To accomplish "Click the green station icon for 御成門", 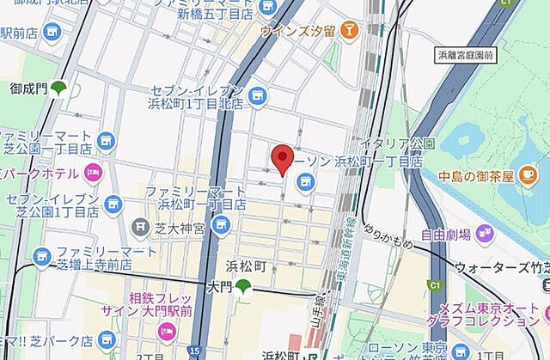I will tap(59, 87).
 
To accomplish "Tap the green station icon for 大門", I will tap(245, 286).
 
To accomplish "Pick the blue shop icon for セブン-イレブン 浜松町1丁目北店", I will tap(256, 95).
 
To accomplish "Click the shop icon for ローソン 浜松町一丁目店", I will tap(305, 180).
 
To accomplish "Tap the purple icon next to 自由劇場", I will tap(485, 232).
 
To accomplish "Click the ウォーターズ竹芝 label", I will tap(502, 267).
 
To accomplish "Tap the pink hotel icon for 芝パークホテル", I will tap(92, 171).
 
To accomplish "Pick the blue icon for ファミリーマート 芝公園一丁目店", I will tap(105, 140).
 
